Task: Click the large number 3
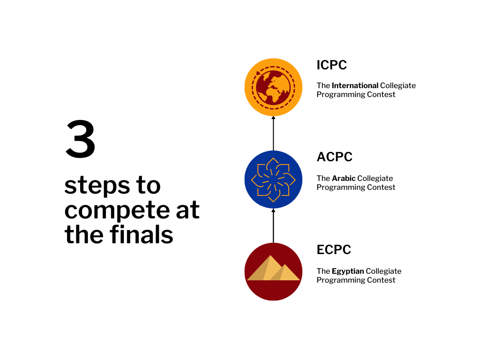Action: click(81, 139)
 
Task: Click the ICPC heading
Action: click(332, 65)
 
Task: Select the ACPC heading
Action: click(335, 157)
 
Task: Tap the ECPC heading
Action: click(334, 249)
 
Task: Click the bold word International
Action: click(355, 86)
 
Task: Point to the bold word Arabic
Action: click(344, 178)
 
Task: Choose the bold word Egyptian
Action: click(348, 271)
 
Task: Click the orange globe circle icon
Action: click(273, 87)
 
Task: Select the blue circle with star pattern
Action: click(273, 180)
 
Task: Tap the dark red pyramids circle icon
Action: click(273, 272)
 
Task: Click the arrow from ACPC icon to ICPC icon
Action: click(273, 133)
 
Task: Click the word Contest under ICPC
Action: click(382, 94)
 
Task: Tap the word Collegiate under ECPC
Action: click(383, 271)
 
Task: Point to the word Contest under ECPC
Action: click(382, 280)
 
